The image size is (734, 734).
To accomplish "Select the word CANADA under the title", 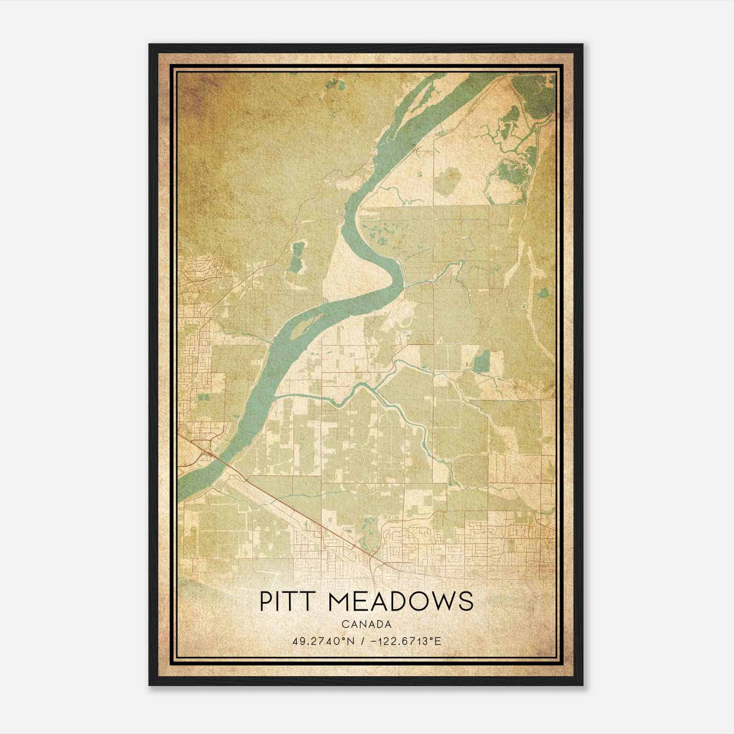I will coord(366,624).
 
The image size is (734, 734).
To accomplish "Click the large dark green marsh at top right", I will coord(532,96).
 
